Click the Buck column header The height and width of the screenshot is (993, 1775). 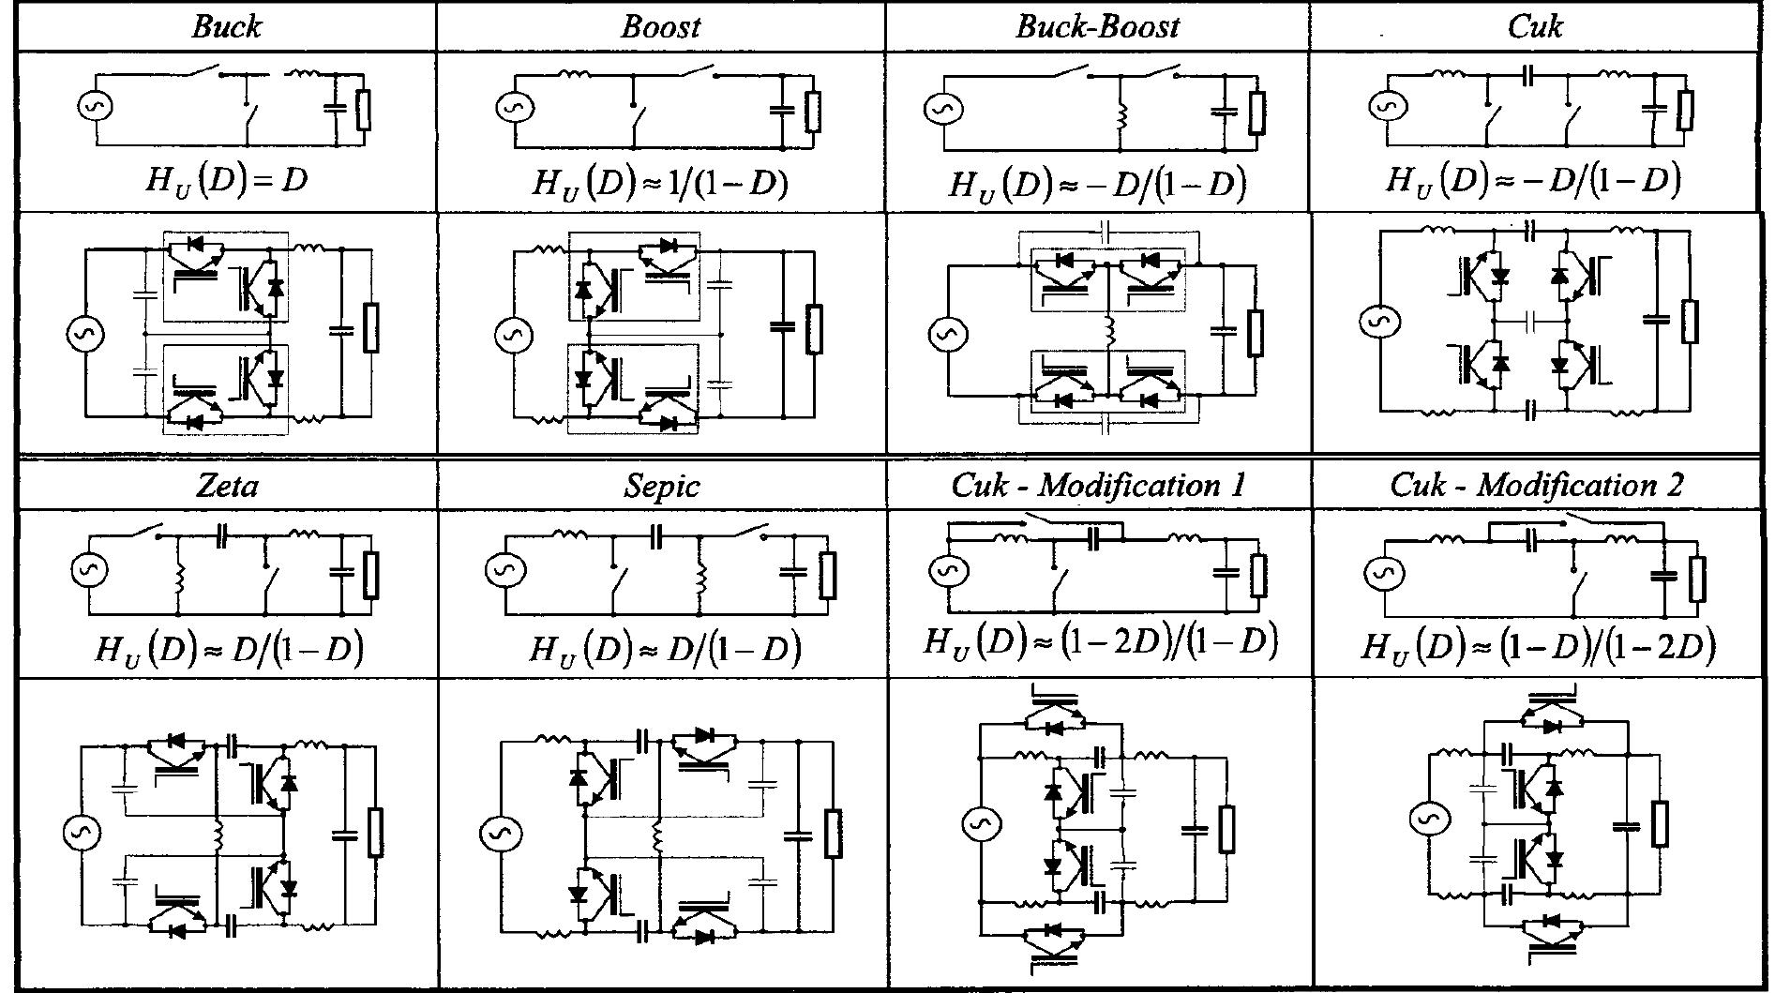pyautogui.click(x=226, y=26)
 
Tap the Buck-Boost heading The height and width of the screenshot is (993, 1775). pyautogui.click(x=1096, y=26)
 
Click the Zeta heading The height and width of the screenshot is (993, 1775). pyautogui.click(x=227, y=486)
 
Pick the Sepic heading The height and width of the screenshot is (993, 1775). pyautogui.click(x=661, y=486)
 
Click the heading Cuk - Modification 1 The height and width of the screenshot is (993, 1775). pyautogui.click(x=1098, y=485)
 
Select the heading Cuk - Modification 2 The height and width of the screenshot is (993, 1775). pyautogui.click(x=1536, y=485)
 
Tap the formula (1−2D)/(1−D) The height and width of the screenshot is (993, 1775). pyautogui.click(x=1100, y=641)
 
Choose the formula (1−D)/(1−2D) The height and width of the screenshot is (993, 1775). pyautogui.click(x=1538, y=645)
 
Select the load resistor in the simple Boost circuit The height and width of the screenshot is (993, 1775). pyautogui.click(x=813, y=111)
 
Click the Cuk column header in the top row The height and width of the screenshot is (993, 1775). pyautogui.click(x=1534, y=26)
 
